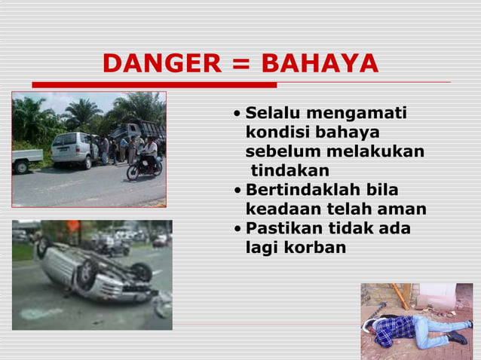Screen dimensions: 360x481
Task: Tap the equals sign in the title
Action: tap(240, 65)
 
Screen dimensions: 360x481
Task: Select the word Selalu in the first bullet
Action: tap(273, 114)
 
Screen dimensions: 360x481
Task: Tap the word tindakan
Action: tap(290, 171)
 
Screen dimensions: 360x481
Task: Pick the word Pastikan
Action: tap(286, 227)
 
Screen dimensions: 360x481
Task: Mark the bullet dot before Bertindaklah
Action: tap(238, 190)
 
